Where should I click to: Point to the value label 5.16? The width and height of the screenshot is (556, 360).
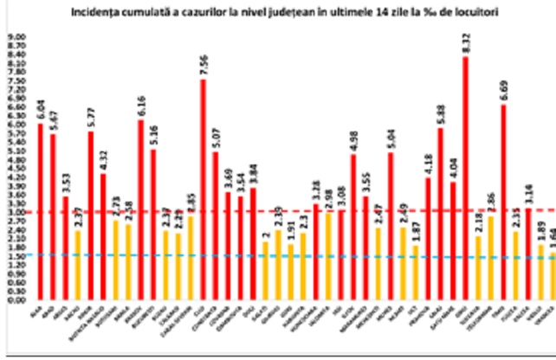pyautogui.click(x=153, y=135)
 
